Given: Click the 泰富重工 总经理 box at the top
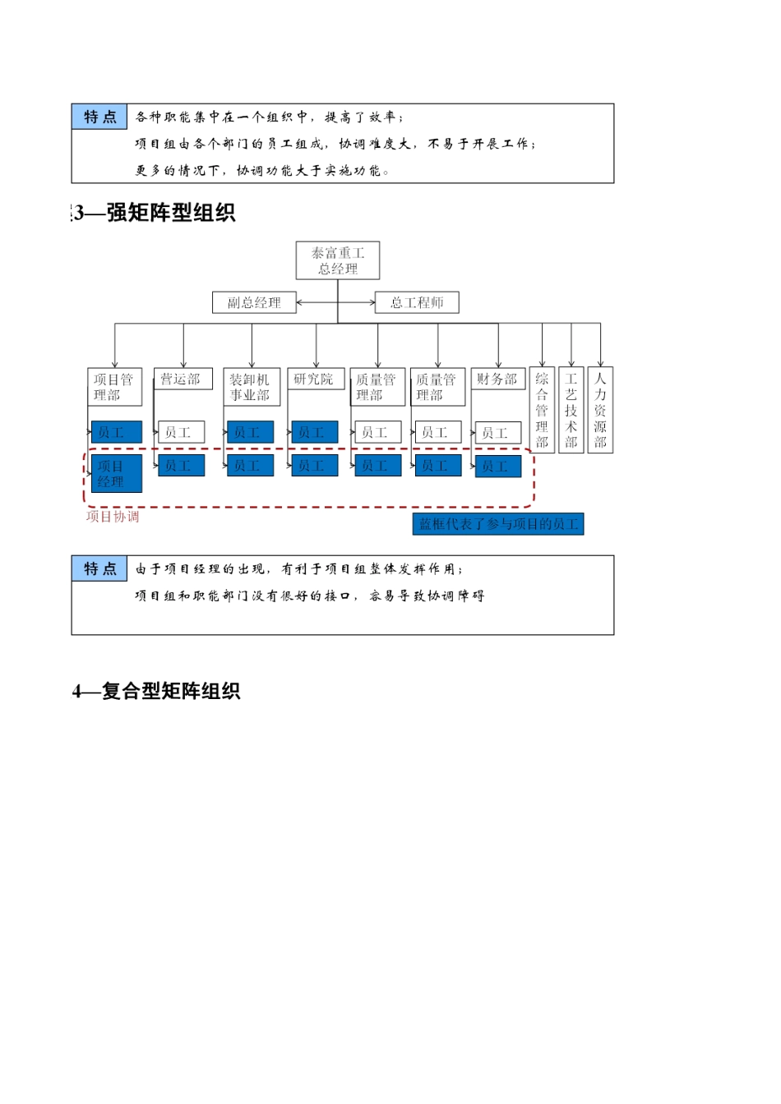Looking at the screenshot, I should (x=338, y=261).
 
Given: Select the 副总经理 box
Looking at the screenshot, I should (x=254, y=302).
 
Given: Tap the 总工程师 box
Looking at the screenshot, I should (x=417, y=302).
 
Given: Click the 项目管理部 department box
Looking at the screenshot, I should (x=114, y=387).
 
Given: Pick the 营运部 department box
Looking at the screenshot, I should (x=183, y=379).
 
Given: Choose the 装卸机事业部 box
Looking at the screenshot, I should (x=252, y=387).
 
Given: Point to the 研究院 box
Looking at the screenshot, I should (x=315, y=379).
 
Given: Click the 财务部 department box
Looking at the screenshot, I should (x=497, y=379).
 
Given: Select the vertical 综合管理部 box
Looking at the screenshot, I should (x=542, y=410).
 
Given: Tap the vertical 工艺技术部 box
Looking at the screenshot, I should (x=571, y=410).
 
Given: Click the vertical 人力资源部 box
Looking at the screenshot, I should (x=600, y=410).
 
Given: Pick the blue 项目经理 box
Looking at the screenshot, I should (x=116, y=474).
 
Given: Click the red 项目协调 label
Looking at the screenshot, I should (x=113, y=517).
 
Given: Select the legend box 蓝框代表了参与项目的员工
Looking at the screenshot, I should (x=498, y=524).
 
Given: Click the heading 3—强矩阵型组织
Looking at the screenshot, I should (x=155, y=213).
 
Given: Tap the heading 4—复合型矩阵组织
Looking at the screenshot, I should (x=156, y=691).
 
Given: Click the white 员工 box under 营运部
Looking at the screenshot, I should (x=181, y=432).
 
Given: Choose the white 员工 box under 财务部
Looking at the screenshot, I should (x=497, y=433).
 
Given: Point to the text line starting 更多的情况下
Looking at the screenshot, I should (x=262, y=170).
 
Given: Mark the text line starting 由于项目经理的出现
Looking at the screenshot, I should (x=299, y=568).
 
